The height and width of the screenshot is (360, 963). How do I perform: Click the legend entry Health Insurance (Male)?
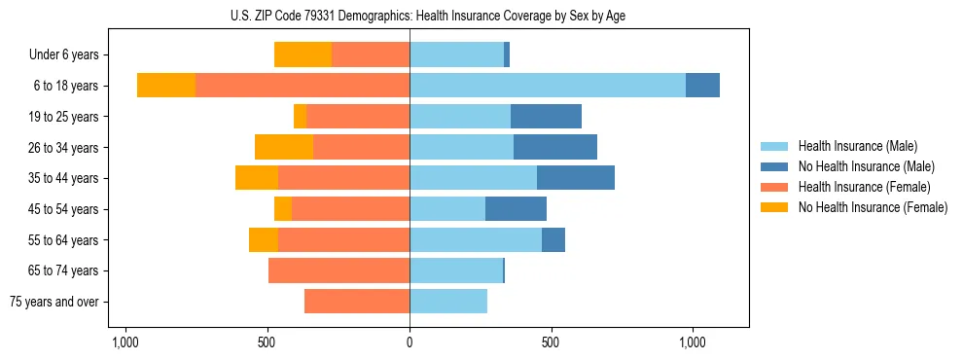coord(857,146)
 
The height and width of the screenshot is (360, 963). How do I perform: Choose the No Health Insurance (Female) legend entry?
coord(873,207)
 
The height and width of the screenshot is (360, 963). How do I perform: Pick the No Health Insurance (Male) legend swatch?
coord(774,166)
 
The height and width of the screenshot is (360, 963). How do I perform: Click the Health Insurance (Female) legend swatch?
coord(774,187)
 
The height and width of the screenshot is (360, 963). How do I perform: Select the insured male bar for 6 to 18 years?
coord(548,86)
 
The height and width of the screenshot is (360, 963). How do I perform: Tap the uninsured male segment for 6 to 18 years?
coord(702,86)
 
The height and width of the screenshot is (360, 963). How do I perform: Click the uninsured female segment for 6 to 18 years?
coord(166,86)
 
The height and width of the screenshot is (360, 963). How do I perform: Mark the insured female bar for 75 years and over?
coord(357,302)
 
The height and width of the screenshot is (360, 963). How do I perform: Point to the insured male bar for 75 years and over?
coord(448,302)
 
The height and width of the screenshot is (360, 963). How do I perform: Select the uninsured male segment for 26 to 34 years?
coord(555,147)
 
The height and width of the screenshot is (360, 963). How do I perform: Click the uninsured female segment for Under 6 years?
coord(303,54)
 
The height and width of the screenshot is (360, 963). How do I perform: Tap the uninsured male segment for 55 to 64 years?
coord(553,239)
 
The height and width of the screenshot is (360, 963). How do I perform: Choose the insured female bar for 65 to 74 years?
coord(339,270)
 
